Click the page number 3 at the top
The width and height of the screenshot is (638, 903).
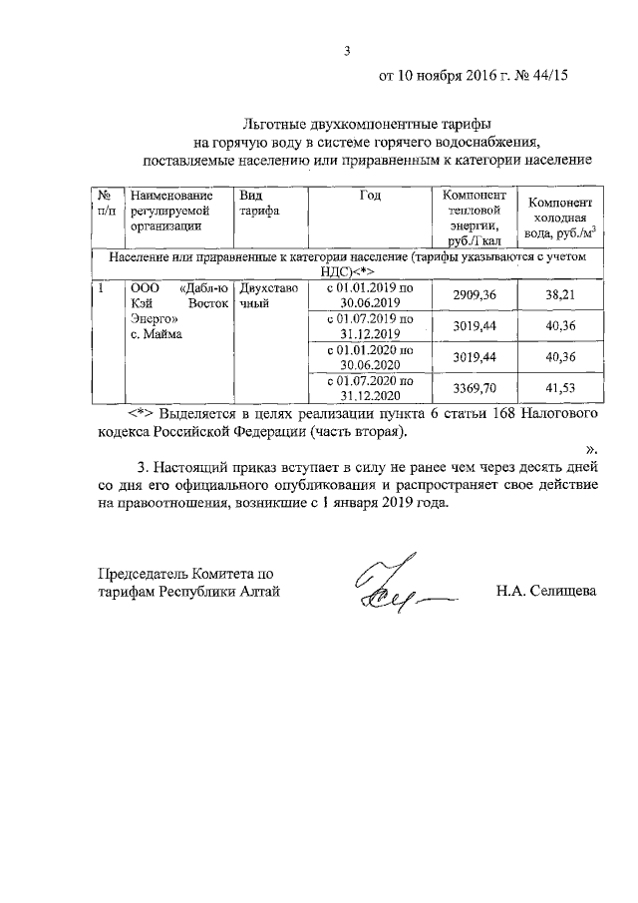pyautogui.click(x=348, y=51)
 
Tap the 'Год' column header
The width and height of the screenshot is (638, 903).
pyautogui.click(x=370, y=197)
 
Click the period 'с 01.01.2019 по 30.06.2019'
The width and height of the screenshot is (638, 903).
pyautogui.click(x=370, y=295)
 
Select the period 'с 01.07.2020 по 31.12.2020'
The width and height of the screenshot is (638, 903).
pyautogui.click(x=370, y=387)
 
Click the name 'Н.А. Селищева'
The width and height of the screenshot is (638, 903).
pyautogui.click(x=546, y=592)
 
